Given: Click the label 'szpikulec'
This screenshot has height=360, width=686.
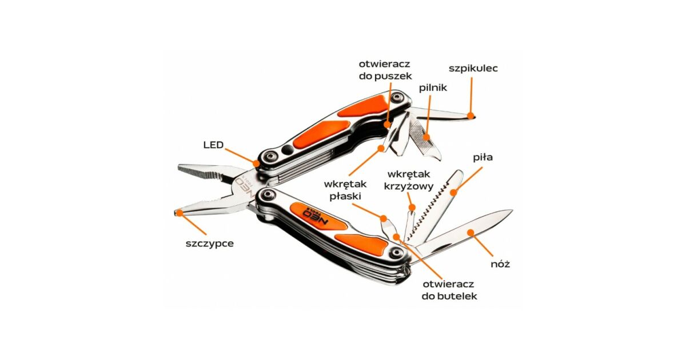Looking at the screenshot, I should [473, 69].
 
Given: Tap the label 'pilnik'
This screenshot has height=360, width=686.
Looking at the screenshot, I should [433, 87].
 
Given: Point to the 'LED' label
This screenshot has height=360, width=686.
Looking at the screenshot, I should [213, 144].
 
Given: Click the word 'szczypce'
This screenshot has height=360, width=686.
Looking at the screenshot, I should [209, 243].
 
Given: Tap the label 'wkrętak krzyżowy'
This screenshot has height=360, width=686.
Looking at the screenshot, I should [410, 179].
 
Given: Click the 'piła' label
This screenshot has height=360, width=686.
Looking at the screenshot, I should [482, 157].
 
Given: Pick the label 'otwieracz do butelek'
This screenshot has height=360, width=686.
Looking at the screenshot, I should [449, 290].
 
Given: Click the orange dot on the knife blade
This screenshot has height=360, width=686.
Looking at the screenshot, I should [470, 232].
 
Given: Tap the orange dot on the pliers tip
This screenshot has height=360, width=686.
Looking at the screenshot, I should [179, 213].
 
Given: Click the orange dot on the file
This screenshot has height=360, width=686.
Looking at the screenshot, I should [425, 137].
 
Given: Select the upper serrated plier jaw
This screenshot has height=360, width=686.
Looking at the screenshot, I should [206, 172].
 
